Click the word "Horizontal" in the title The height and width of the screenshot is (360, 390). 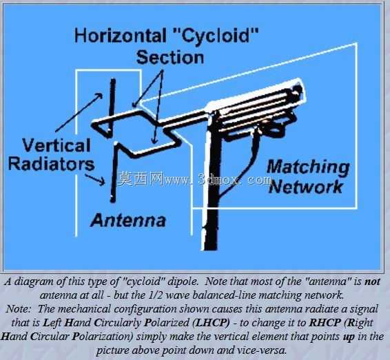pos(121,36)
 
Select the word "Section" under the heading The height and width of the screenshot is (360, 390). pos(170,57)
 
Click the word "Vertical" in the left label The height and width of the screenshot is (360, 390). pos(57,145)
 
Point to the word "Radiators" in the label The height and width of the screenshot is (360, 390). pos(52,164)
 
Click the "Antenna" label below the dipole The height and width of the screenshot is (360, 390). pos(128,220)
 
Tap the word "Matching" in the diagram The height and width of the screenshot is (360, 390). pos(308,169)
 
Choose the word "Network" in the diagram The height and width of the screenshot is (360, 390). pos(306,187)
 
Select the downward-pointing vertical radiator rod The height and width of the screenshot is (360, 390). pos(114,172)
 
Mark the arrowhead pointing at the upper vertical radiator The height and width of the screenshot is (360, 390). pos(99,96)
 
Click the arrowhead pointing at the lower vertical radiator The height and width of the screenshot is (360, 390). pos(102,181)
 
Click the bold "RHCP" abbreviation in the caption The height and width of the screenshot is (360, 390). pos(325,322)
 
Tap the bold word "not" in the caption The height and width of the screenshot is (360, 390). pos(372,282)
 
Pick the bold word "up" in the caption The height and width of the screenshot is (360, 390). pos(349,337)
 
